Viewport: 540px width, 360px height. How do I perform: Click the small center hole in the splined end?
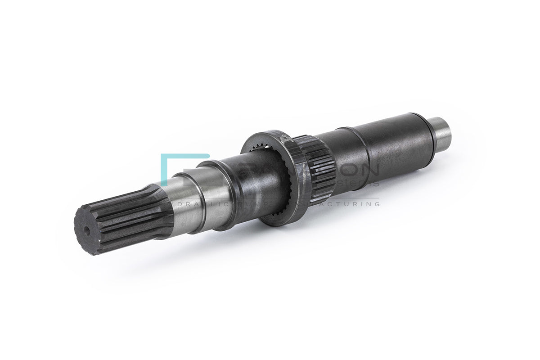click(x=86, y=230)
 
